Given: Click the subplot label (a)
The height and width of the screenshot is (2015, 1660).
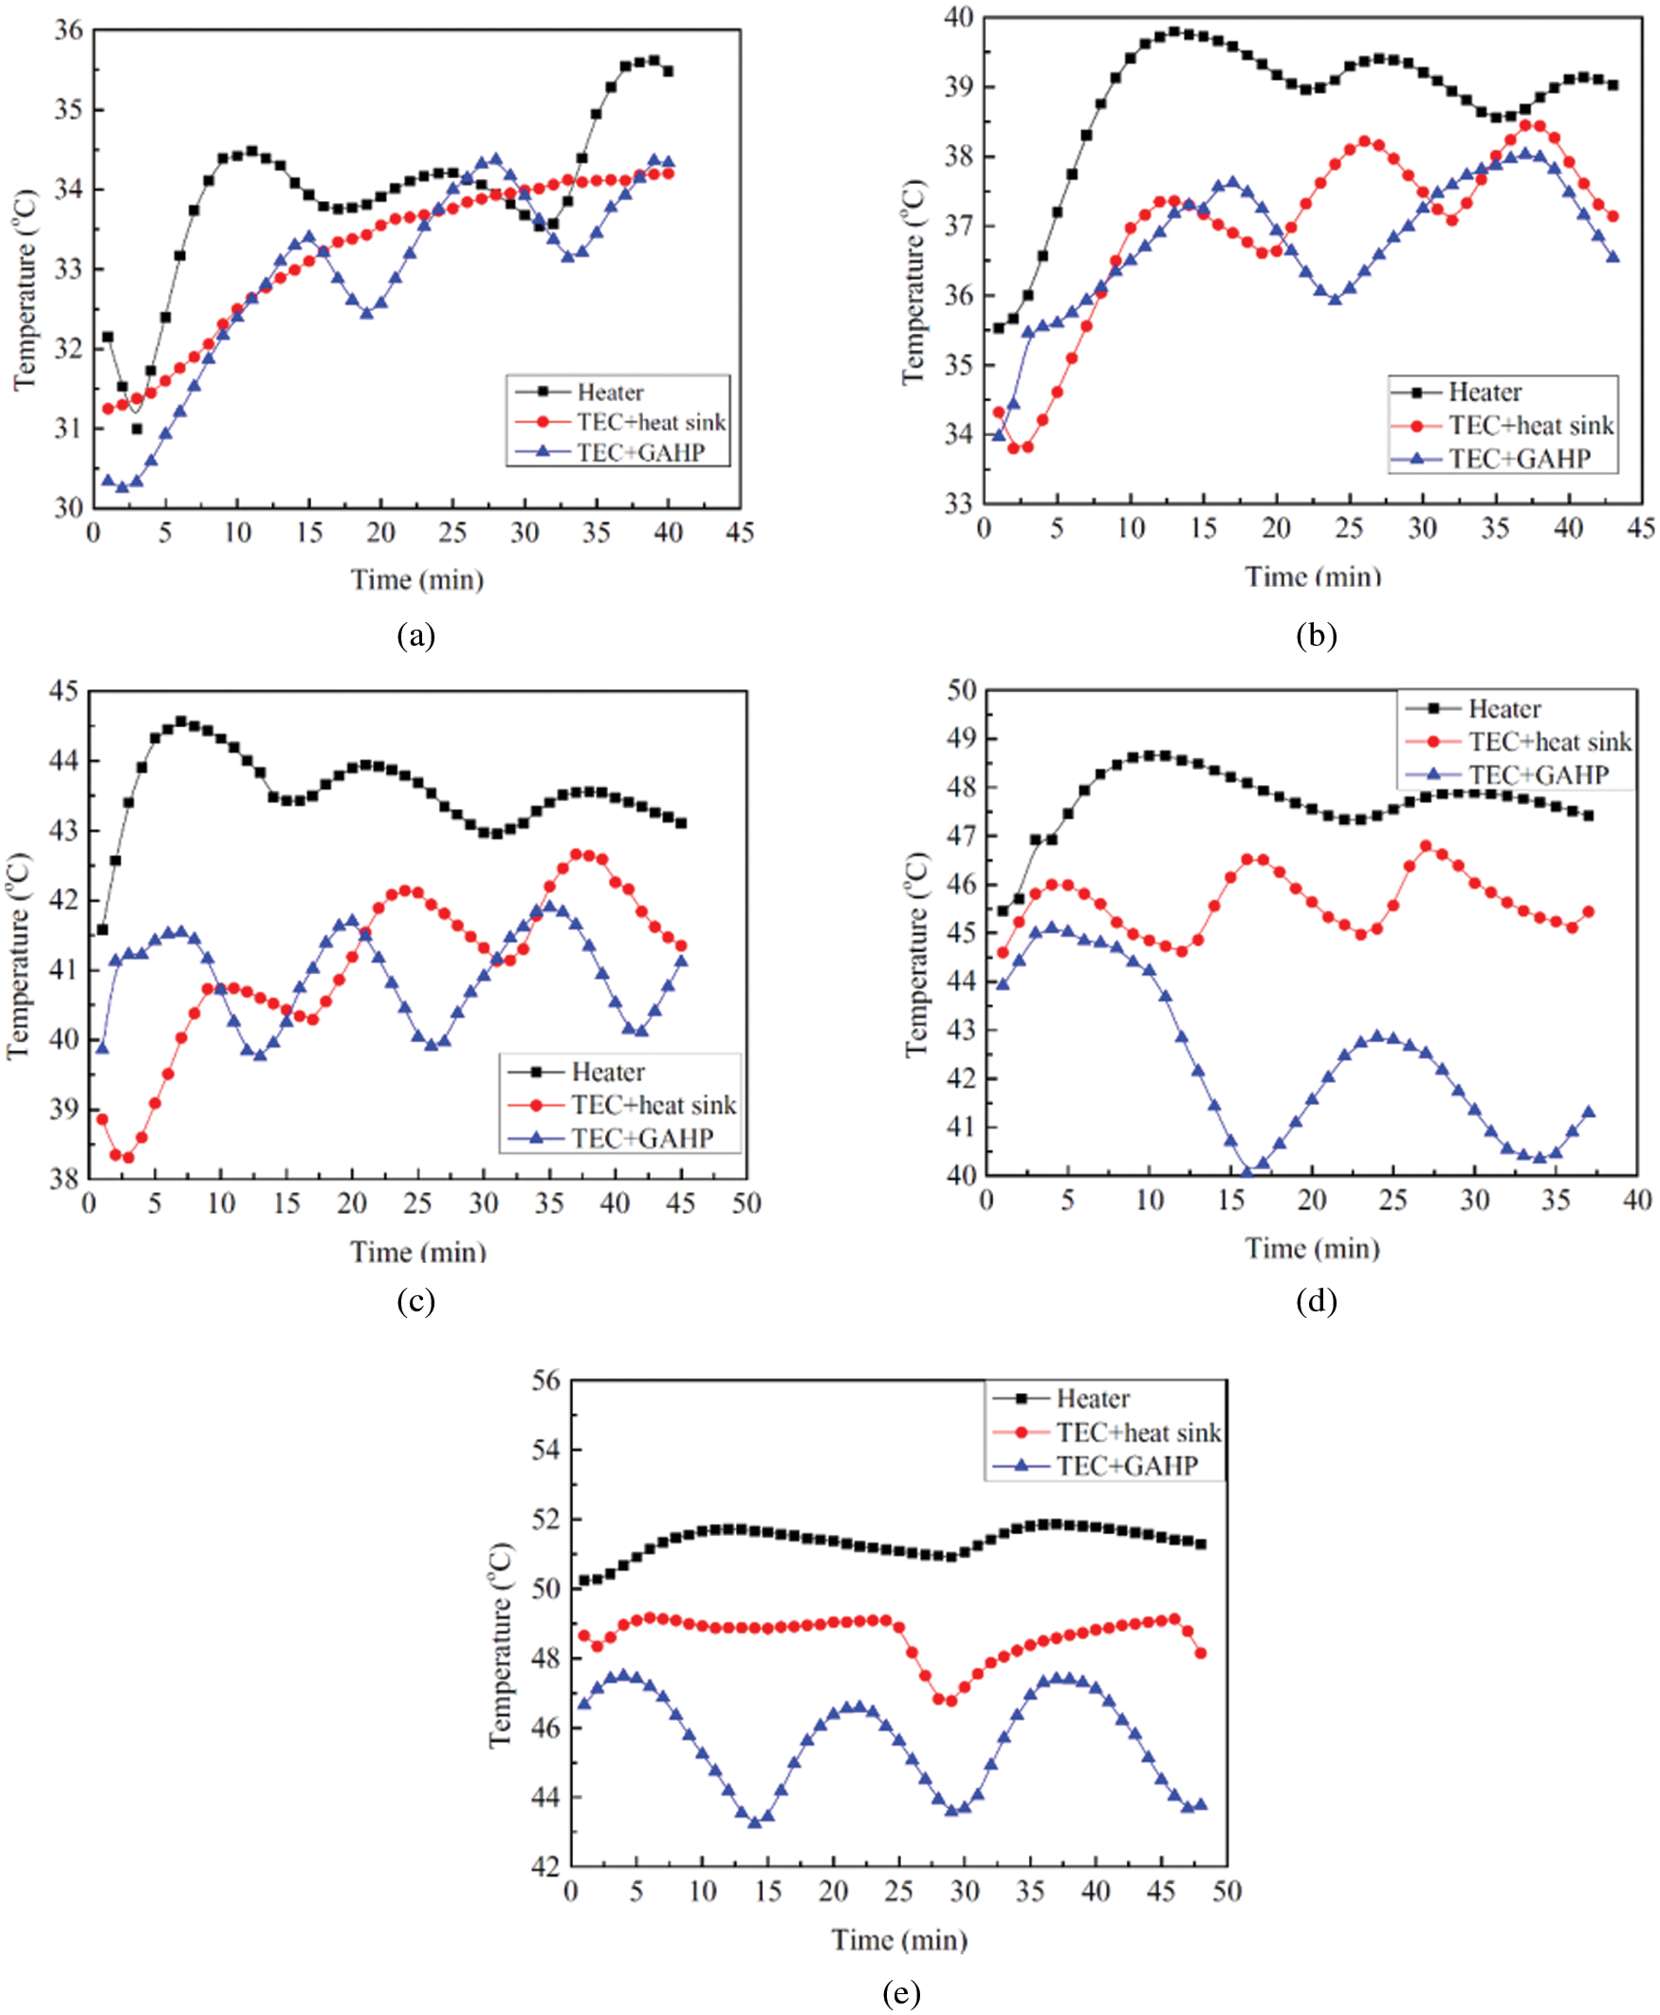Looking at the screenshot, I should pyautogui.click(x=416, y=635).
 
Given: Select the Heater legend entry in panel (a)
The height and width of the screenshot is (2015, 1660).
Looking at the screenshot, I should pyautogui.click(x=609, y=392).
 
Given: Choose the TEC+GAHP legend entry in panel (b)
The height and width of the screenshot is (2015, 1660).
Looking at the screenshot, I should pyautogui.click(x=1519, y=459).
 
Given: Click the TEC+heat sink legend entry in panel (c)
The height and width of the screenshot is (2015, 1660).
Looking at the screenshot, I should pyautogui.click(x=654, y=1105).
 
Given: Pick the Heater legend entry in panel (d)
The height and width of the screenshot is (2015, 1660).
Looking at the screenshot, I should pyautogui.click(x=1504, y=708).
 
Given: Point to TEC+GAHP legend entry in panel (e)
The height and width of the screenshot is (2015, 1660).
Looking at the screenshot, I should pyautogui.click(x=1127, y=1465).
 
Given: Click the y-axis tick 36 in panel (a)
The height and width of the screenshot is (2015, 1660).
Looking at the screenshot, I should pyautogui.click(x=68, y=29).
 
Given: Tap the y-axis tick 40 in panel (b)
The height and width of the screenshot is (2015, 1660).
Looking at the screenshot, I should pyautogui.click(x=958, y=17).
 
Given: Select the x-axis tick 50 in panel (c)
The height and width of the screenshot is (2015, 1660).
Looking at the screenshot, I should pyautogui.click(x=747, y=1203).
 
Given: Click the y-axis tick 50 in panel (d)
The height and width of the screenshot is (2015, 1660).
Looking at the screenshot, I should pyautogui.click(x=961, y=689).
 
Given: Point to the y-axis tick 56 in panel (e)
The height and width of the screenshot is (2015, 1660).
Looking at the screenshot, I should pyautogui.click(x=546, y=1381).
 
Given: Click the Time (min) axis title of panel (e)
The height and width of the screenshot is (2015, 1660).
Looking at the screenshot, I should pyautogui.click(x=899, y=1939).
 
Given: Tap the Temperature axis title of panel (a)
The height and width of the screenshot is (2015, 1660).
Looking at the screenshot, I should pyautogui.click(x=25, y=289).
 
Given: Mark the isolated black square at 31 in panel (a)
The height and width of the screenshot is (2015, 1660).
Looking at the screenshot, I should pyautogui.click(x=137, y=430).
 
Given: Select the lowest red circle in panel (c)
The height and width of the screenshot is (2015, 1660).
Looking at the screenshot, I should pyautogui.click(x=128, y=1158).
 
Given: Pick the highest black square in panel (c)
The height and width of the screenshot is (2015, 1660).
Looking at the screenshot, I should pyautogui.click(x=181, y=722).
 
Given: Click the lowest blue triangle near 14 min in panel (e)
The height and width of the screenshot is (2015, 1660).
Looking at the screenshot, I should pyautogui.click(x=754, y=1822).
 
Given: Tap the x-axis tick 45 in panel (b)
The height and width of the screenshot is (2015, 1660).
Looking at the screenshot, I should pyautogui.click(x=1641, y=527).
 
